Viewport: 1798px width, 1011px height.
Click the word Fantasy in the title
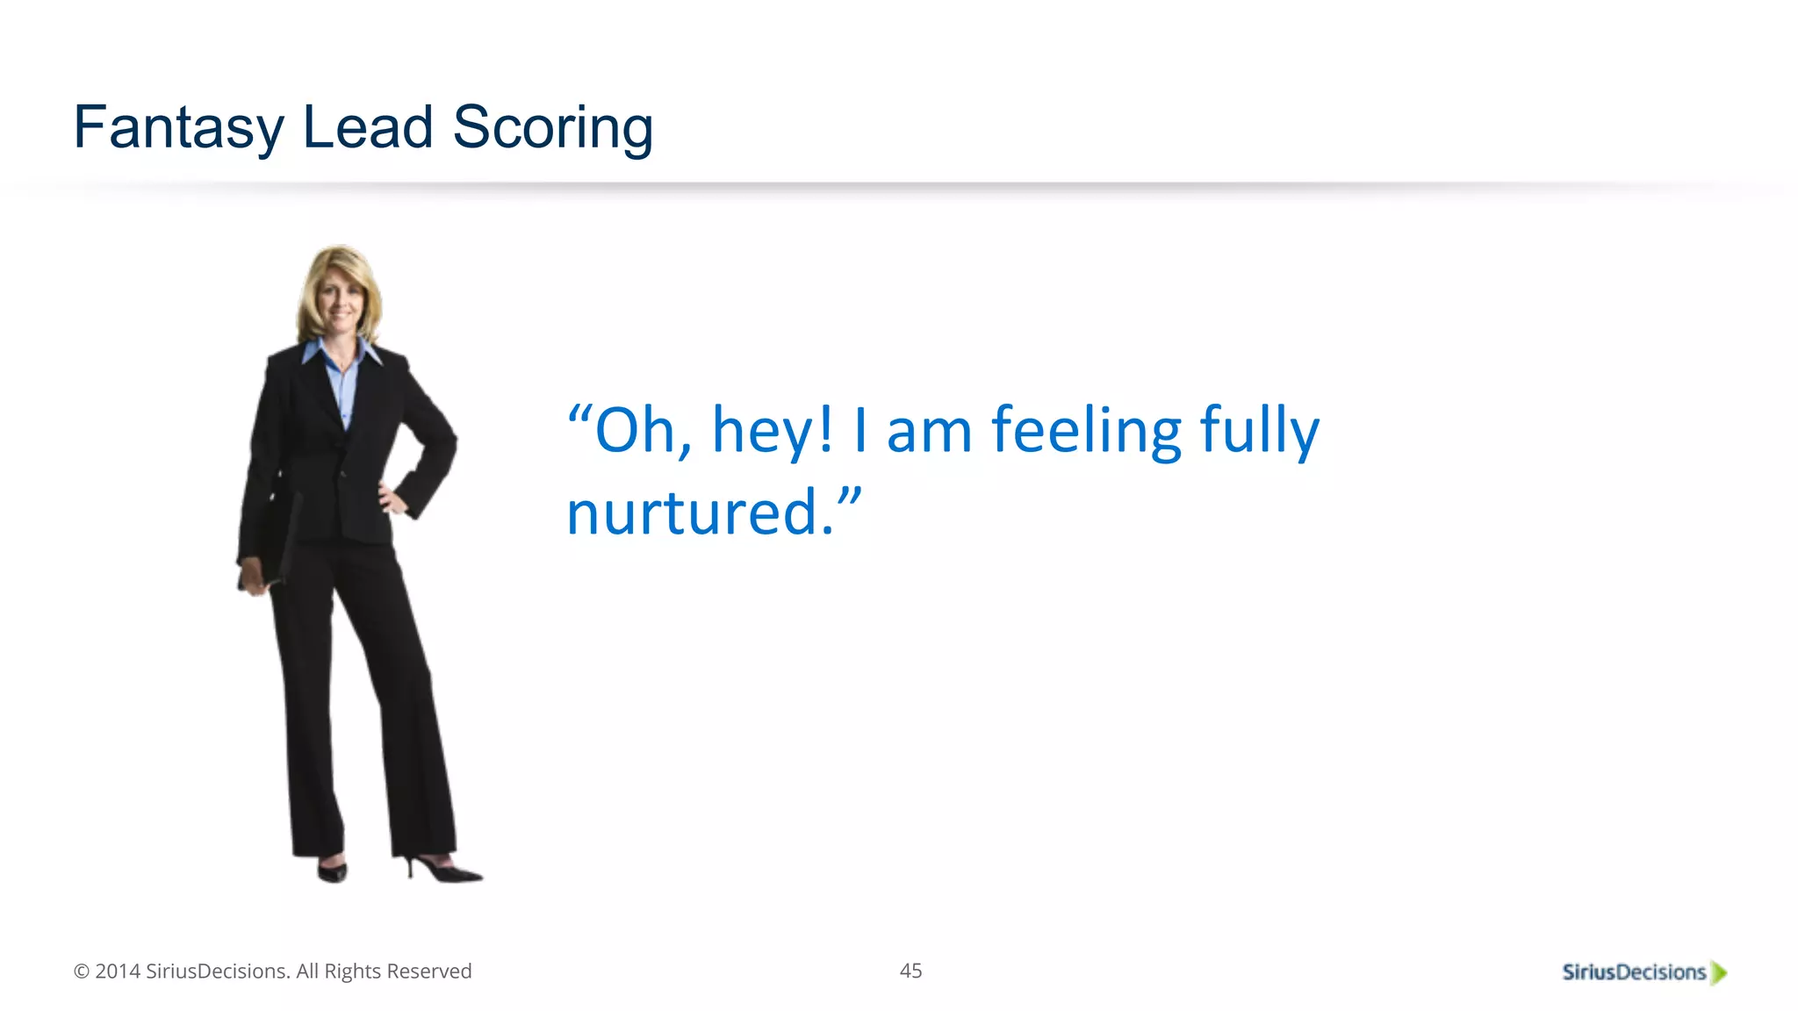(178, 128)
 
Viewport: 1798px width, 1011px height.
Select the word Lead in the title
(368, 127)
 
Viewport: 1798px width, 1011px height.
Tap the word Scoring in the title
(552, 128)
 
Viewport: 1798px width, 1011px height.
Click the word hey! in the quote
(772, 431)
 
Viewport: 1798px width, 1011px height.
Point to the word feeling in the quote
(1086, 431)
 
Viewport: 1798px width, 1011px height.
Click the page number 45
(910, 971)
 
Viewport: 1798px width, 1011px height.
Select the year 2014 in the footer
(118, 972)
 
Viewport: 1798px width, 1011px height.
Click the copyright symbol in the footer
(82, 972)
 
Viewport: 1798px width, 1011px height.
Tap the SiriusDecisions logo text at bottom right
(1634, 972)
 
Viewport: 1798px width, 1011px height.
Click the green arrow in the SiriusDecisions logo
(1719, 972)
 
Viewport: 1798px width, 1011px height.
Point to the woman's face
(340, 303)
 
